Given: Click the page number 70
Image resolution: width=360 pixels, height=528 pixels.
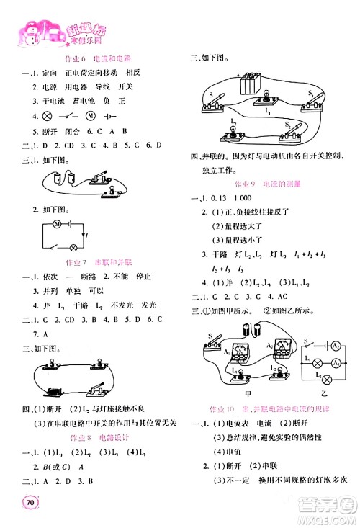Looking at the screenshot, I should coord(30,503).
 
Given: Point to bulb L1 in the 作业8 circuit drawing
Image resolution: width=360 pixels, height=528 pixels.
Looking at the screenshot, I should coord(264,97).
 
